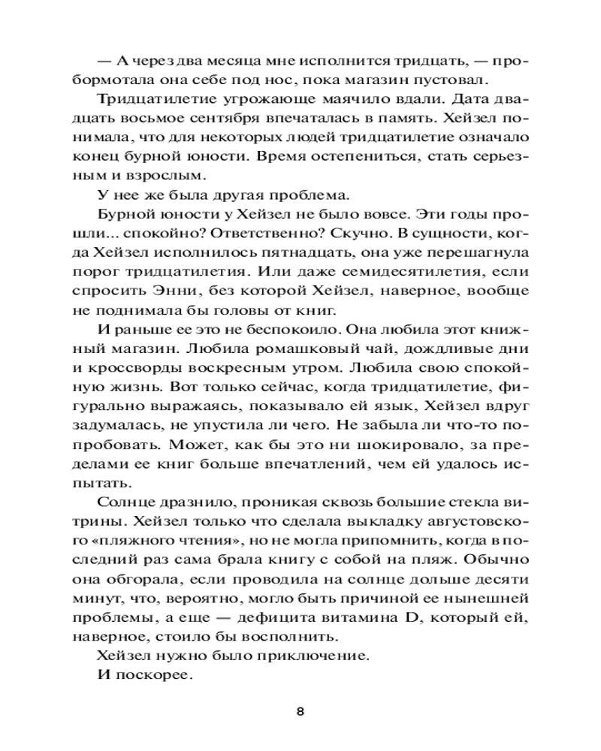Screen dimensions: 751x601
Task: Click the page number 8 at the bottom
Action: point(300,713)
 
